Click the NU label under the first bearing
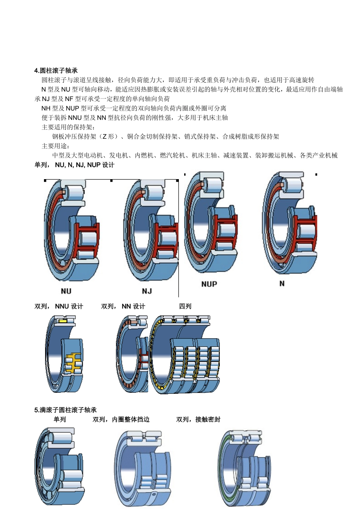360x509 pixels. point(66,291)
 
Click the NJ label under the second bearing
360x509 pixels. point(147,291)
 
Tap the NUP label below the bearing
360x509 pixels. point(209,284)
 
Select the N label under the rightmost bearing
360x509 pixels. point(282,283)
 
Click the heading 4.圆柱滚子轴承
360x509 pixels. point(56,70)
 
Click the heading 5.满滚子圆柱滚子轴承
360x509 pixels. point(65,410)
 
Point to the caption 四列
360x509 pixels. point(185,306)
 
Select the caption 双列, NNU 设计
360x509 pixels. point(59,306)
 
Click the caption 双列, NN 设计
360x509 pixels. point(123,306)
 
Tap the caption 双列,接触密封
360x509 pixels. point(198,419)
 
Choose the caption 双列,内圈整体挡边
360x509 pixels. point(121,419)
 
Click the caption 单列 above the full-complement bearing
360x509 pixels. point(59,419)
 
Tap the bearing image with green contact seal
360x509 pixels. point(244,468)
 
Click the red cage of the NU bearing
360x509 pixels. point(86,239)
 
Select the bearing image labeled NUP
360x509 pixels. point(210,223)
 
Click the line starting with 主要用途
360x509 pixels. point(55,146)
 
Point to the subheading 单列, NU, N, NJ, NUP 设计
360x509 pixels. point(74,165)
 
